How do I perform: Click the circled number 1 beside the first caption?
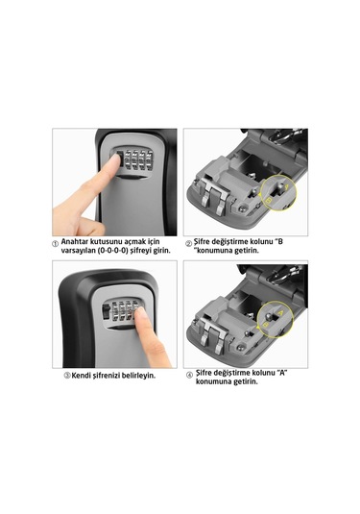[x=56, y=244]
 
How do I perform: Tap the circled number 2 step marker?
[x=189, y=244]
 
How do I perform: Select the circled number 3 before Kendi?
[x=67, y=376]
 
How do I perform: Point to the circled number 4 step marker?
[x=189, y=375]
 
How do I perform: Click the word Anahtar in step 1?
[x=73, y=241]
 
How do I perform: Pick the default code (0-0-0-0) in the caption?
[x=112, y=251]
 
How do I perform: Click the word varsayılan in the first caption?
[x=79, y=251]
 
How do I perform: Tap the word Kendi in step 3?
[x=82, y=376]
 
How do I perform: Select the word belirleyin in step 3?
[x=138, y=376]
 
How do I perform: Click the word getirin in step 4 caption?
[x=246, y=381]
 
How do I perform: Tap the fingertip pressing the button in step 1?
[x=114, y=161]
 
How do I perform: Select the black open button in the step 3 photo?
[x=106, y=310]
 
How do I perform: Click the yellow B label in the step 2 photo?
[x=269, y=200]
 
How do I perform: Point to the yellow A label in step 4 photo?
[x=280, y=314]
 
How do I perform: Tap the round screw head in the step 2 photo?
[x=243, y=208]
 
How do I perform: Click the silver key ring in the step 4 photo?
[x=281, y=275]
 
